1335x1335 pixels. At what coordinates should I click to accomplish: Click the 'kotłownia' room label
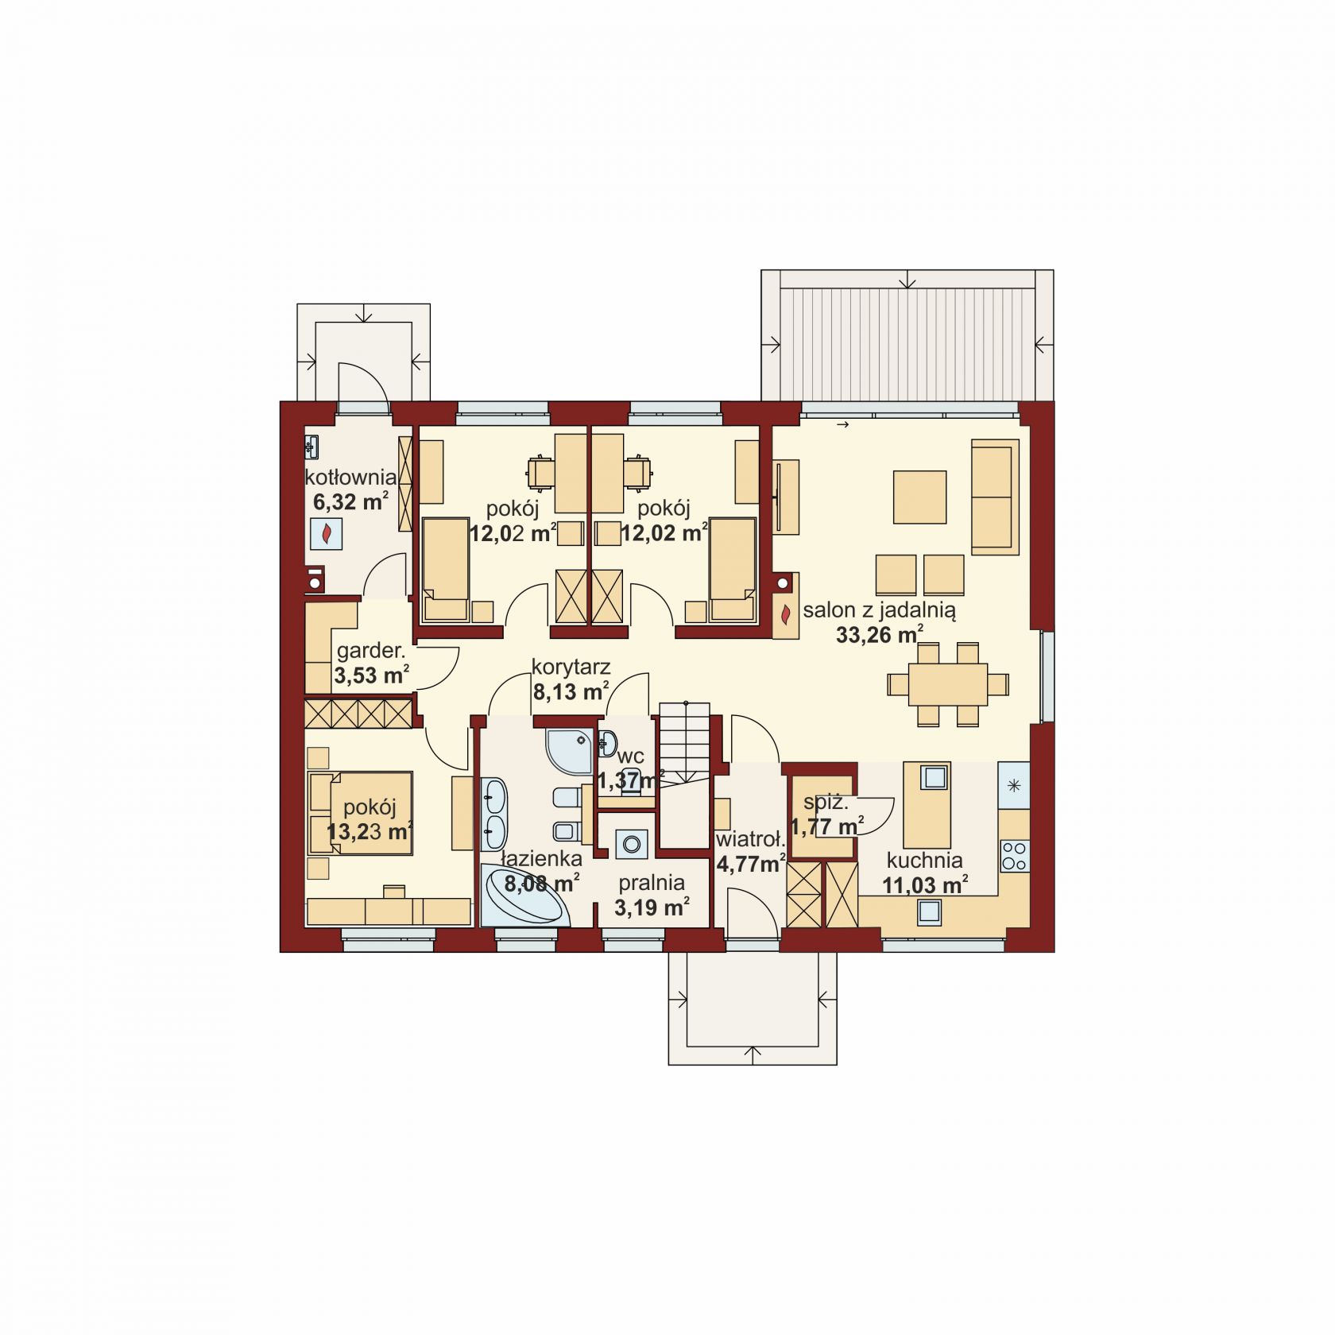point(350,478)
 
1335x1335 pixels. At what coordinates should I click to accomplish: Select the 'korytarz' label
point(571,668)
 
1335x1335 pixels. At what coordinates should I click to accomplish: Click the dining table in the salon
point(948,683)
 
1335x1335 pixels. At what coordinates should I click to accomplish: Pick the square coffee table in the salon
point(919,497)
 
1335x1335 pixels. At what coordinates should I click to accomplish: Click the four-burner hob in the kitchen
point(1014,856)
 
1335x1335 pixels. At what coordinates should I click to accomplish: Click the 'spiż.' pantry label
point(826,803)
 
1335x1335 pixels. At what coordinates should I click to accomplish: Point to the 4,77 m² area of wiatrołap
point(751,863)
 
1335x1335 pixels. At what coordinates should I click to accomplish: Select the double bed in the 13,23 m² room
point(360,812)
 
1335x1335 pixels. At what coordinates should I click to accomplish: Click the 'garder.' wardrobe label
point(370,652)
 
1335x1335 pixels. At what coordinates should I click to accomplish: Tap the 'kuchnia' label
point(925,860)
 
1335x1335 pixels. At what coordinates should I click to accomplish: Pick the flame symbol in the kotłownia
point(327,535)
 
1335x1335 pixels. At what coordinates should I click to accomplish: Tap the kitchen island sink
point(934,776)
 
